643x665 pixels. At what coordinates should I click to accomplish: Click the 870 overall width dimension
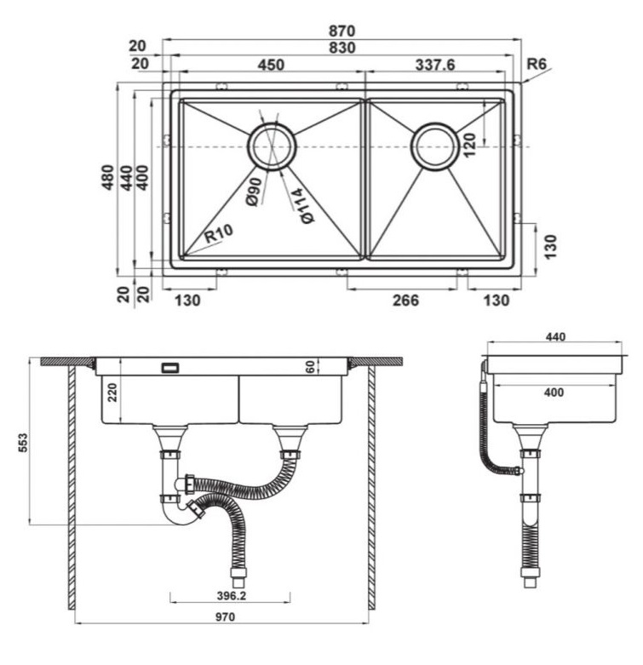(x=342, y=31)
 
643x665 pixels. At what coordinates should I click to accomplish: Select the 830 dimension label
(x=342, y=48)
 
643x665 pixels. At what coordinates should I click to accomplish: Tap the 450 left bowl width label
(x=271, y=65)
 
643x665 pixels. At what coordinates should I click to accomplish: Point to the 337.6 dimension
(x=434, y=65)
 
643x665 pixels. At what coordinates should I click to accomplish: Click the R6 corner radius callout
(x=536, y=64)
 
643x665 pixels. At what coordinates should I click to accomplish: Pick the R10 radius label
(x=218, y=233)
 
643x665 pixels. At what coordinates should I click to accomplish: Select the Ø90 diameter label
(x=254, y=192)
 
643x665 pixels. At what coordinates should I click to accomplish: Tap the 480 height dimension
(x=107, y=177)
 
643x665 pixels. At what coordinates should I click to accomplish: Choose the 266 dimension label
(x=405, y=301)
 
